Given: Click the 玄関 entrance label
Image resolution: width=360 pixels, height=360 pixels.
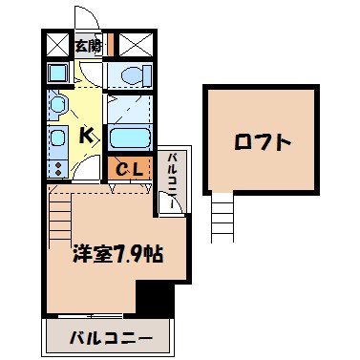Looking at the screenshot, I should (89, 43).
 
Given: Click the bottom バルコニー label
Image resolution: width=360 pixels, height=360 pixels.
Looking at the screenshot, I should (111, 337).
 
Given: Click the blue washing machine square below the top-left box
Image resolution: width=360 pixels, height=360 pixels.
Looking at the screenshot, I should (56, 74).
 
